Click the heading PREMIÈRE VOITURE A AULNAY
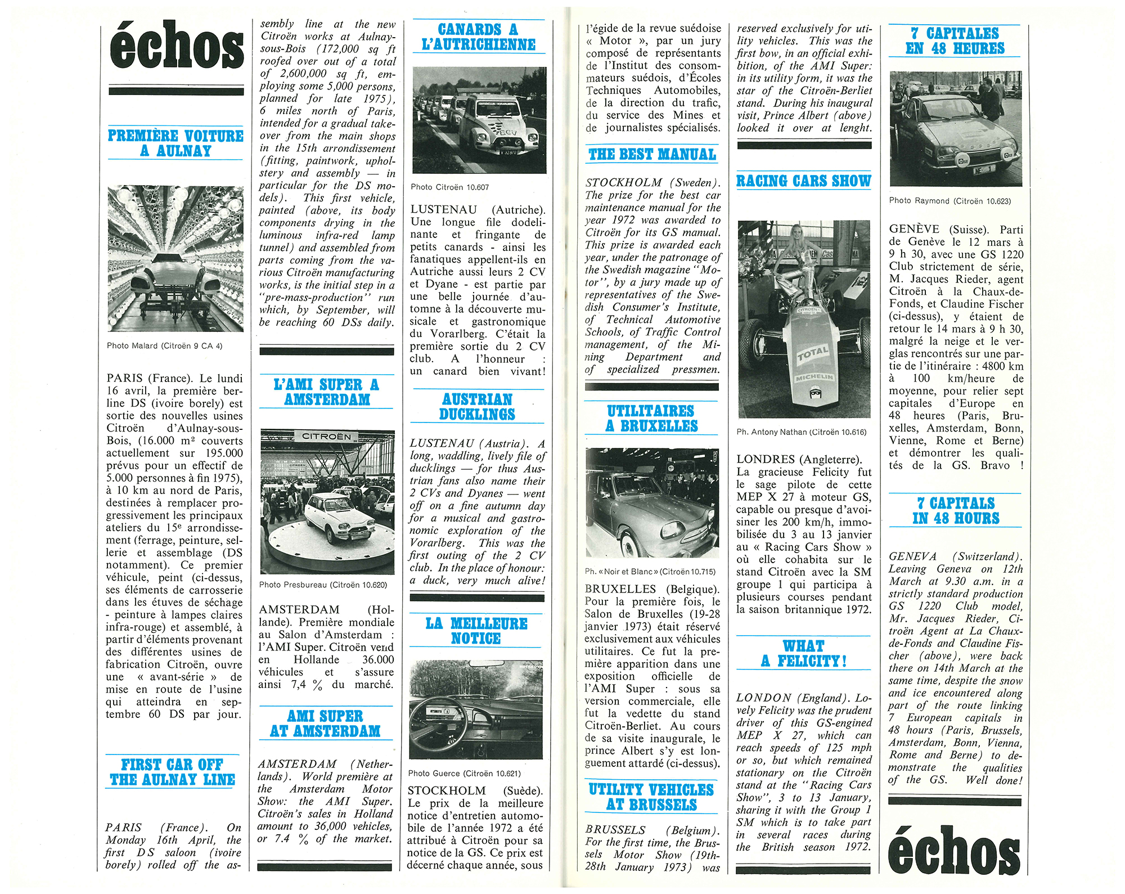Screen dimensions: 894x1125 (175, 143)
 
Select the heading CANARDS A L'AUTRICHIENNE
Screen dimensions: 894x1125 (478, 37)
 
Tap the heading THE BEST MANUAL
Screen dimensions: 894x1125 (652, 154)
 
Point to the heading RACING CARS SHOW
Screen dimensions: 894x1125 (804, 181)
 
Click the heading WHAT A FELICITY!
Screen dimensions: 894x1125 (804, 653)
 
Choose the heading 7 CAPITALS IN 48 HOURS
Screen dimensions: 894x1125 (956, 510)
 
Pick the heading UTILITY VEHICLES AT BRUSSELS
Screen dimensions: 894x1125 (651, 797)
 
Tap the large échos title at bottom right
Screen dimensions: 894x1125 (955, 851)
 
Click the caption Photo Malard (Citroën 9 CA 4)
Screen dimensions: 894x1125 (164, 345)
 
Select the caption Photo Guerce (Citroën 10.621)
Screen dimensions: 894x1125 (464, 773)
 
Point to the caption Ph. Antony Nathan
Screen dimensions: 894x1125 (801, 432)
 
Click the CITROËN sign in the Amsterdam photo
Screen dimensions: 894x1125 (326, 437)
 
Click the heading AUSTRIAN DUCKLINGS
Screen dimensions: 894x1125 (477, 406)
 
